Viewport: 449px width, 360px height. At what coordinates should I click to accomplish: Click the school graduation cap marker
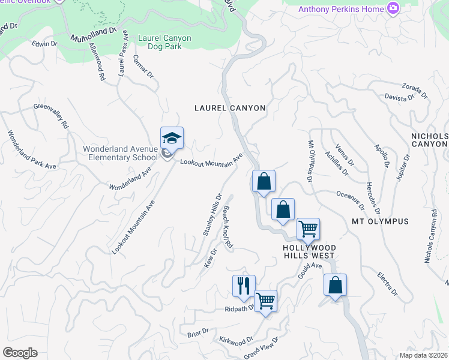172,139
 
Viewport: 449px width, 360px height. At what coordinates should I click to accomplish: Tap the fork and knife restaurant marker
244,286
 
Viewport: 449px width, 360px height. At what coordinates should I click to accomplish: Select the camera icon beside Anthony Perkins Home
393,8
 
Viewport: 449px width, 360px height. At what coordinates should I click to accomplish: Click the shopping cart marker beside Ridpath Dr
265,301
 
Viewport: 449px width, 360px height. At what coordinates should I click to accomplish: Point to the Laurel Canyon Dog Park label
164,42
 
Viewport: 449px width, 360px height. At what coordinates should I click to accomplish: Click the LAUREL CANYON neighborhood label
230,108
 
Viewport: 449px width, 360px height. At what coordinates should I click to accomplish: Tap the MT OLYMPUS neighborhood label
381,221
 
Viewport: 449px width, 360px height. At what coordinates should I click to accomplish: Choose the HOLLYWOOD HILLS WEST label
310,251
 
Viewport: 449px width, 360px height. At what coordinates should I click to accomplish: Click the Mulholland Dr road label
93,34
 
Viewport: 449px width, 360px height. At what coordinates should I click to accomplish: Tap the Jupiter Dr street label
403,167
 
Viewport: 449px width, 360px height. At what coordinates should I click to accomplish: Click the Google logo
20,353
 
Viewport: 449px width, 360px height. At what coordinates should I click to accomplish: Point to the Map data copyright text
424,355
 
